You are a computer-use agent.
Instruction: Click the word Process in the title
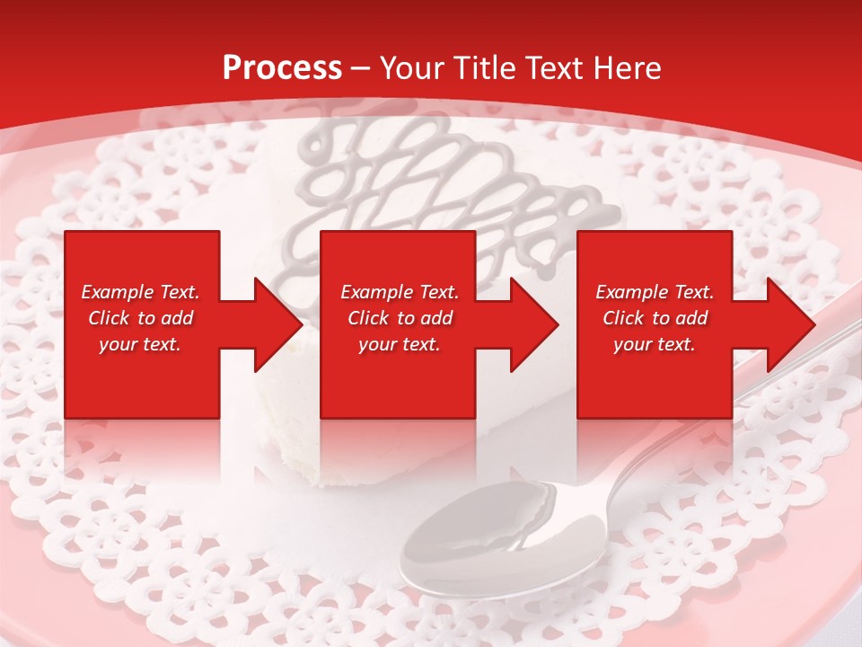point(282,68)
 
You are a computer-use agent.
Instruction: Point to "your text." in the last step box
point(655,344)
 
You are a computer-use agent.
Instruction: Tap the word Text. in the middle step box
point(437,292)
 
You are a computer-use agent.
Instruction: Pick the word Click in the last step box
point(624,318)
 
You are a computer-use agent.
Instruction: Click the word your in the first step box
point(118,344)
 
